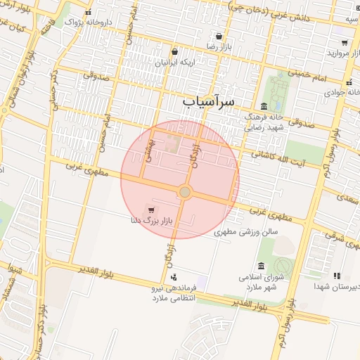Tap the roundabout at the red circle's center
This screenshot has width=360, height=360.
click(x=184, y=192)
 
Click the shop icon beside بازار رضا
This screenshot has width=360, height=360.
click(x=219, y=37)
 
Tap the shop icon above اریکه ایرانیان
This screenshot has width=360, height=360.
click(x=174, y=52)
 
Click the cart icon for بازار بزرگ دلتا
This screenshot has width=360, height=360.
click(x=151, y=210)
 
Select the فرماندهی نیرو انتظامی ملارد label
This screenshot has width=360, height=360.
click(x=173, y=293)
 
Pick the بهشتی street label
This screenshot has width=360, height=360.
click(x=148, y=149)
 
